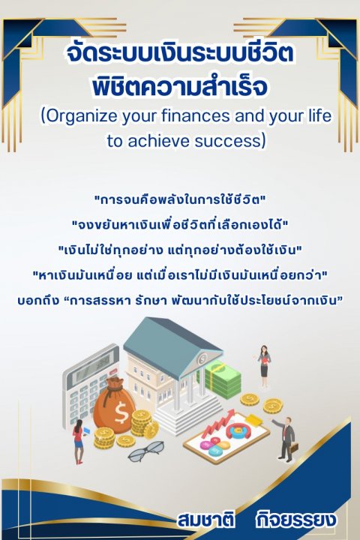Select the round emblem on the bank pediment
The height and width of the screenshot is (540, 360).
tap(202, 358)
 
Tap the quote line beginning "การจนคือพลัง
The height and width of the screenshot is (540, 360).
tap(180, 200)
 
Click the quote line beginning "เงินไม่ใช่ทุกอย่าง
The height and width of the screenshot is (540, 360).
tap(180, 250)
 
